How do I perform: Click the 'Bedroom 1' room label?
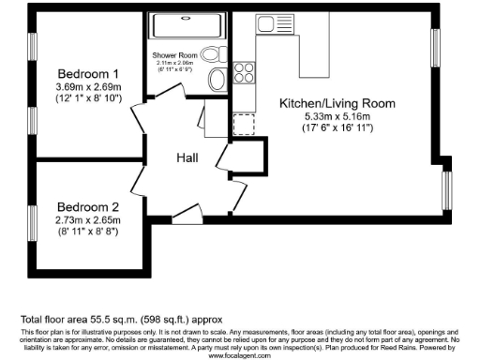click(x=89, y=74)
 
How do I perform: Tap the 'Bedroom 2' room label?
click(x=89, y=207)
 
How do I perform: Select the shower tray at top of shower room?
click(x=186, y=24)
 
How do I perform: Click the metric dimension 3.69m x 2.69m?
click(x=89, y=87)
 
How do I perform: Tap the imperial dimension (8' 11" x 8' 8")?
click(x=89, y=231)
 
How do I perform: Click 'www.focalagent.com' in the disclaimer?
click(x=239, y=356)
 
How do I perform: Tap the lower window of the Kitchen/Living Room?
click(x=446, y=188)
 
